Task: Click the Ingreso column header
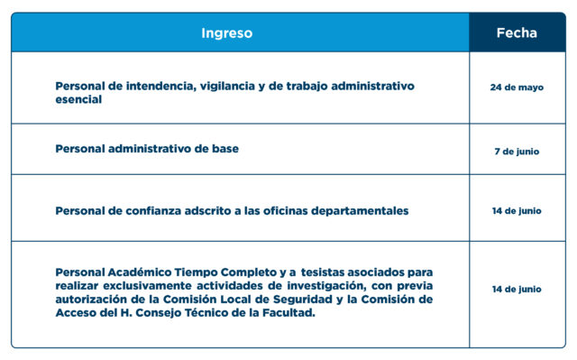pyautogui.click(x=226, y=33)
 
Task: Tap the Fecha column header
pyautogui.click(x=517, y=32)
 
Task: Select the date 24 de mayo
pyautogui.click(x=517, y=88)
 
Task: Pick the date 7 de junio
pyautogui.click(x=517, y=152)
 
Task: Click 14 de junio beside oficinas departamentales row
pyautogui.click(x=517, y=211)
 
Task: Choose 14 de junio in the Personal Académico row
pyautogui.click(x=517, y=289)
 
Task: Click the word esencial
pyautogui.click(x=78, y=99)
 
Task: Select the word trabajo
pyautogui.click(x=307, y=86)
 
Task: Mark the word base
pyautogui.click(x=225, y=149)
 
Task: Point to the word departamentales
pyautogui.click(x=360, y=211)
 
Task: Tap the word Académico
pyautogui.click(x=140, y=272)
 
